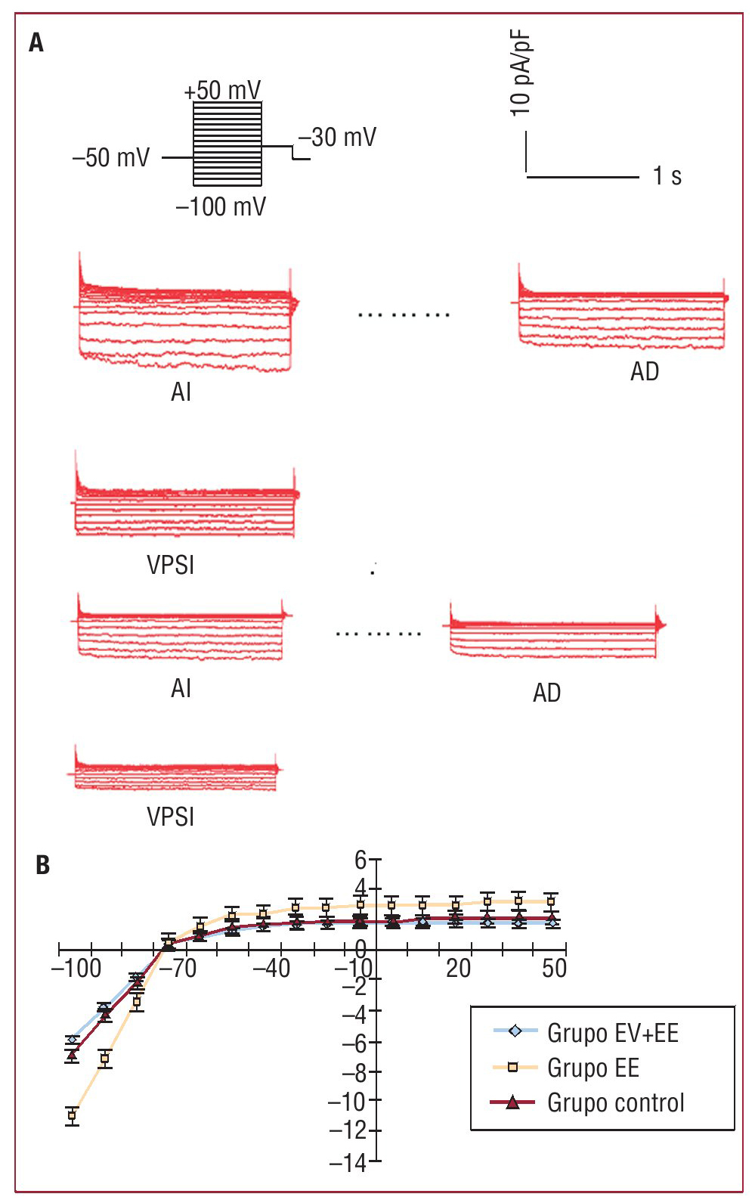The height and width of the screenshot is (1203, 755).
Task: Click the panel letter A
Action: pos(36,43)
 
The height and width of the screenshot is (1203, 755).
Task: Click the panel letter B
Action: pos(43,865)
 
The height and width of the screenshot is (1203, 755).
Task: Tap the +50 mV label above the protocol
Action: pos(222,91)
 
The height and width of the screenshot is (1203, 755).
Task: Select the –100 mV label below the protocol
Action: pos(221,206)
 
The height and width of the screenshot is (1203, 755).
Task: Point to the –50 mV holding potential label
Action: pos(111,158)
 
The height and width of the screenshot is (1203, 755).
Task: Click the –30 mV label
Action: pos(337,138)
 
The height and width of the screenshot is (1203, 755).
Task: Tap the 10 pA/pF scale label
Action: pos(521,73)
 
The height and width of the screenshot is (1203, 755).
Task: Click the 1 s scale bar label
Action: pos(667,176)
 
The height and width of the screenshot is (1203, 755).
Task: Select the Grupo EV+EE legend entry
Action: pos(612,1033)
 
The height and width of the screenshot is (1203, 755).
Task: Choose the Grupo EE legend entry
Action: pos(593,1068)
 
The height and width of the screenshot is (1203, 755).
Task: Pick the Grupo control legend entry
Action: pos(615,1102)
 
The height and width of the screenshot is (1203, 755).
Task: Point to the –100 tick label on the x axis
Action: pos(76,969)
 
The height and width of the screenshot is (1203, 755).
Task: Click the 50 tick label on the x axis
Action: pos(554,969)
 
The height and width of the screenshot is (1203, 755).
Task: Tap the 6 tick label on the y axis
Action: pos(360,860)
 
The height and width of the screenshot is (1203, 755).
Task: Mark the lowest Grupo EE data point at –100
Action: pos(72,1115)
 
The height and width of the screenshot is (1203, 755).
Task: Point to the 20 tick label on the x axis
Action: pos(458,969)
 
